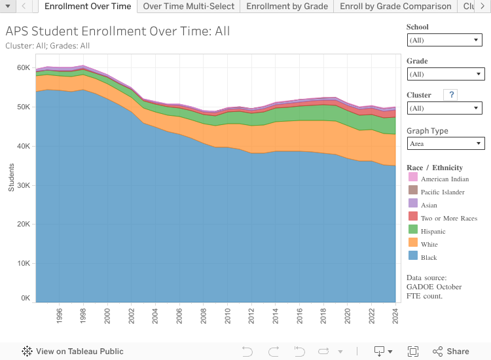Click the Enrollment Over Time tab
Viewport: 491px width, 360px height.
tap(88, 7)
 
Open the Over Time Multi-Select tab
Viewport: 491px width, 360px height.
tap(189, 7)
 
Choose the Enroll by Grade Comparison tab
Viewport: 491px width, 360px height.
tap(395, 7)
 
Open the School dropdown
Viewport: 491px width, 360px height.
tap(445, 40)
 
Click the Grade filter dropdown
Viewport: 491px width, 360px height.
tap(445, 74)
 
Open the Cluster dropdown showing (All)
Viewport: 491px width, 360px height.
tap(445, 108)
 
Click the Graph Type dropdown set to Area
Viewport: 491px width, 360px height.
tap(445, 143)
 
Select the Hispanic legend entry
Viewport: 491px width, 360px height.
tap(433, 231)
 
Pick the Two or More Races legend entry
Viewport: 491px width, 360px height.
tap(448, 218)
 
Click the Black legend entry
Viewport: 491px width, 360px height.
tap(429, 257)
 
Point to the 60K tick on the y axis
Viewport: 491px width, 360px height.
tap(24, 67)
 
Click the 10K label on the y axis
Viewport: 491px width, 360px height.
tap(24, 263)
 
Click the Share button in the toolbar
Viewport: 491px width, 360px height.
tap(450, 351)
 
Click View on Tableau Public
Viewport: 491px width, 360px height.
tap(73, 351)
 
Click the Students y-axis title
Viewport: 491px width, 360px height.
tap(11, 177)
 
